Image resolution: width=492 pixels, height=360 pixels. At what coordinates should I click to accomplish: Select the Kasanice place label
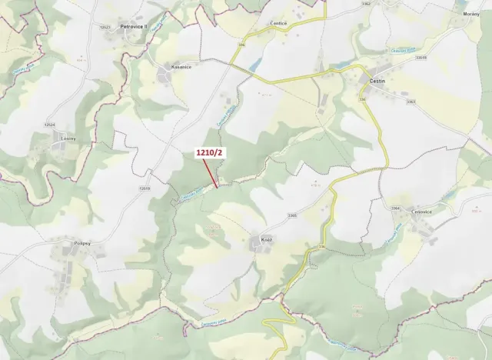[181, 68]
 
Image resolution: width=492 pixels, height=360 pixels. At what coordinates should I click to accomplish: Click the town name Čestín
[377, 80]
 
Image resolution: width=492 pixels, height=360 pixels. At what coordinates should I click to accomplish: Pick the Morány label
[471, 14]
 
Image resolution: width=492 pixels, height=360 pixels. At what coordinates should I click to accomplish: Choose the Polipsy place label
[61, 243]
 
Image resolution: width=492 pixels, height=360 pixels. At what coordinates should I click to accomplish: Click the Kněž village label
[267, 239]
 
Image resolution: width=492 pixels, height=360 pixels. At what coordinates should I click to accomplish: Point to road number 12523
[105, 27]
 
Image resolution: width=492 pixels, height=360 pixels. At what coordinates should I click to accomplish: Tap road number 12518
[145, 187]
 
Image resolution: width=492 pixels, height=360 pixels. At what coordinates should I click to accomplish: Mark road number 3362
[366, 4]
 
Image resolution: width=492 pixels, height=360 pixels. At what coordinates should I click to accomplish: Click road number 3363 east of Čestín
[411, 101]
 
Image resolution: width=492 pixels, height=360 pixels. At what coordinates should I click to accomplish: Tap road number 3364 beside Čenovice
[395, 208]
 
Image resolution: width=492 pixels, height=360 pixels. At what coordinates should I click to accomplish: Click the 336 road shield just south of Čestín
[363, 98]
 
